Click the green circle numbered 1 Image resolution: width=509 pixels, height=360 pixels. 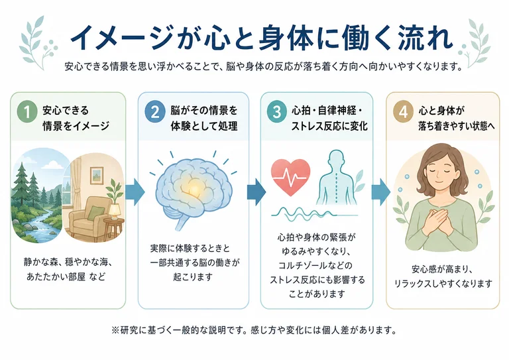tap(27, 111)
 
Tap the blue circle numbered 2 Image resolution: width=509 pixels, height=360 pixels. tap(155, 111)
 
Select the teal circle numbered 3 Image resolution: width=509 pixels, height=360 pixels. tap(276, 111)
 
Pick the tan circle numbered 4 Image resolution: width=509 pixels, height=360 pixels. tap(403, 111)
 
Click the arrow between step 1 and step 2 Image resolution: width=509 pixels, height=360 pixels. tap(135, 192)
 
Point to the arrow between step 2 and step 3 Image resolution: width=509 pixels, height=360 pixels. tap(256, 192)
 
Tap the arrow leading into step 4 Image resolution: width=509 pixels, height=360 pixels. tap(381, 192)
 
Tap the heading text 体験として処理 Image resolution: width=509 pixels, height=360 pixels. tap(204, 126)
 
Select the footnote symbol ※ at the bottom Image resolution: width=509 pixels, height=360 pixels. tap(115, 330)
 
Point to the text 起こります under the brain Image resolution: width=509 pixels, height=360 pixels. tap(193, 277)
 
